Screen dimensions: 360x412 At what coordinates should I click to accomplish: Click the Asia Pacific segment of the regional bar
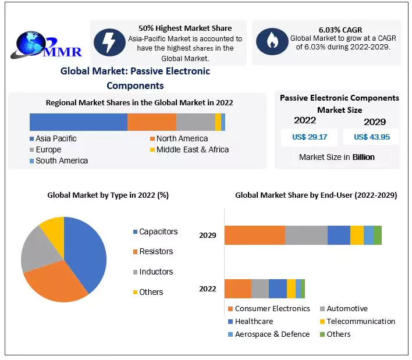(78, 122)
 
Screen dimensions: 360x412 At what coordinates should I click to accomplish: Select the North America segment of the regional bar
(151, 122)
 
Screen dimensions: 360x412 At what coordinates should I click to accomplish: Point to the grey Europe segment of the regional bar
(196, 122)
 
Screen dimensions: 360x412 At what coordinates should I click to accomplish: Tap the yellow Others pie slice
(53, 227)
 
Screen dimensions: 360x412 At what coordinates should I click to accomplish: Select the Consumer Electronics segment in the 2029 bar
(254, 235)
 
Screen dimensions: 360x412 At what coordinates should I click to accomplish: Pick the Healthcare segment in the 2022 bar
(278, 288)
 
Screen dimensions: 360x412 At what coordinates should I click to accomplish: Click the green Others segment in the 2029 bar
(377, 235)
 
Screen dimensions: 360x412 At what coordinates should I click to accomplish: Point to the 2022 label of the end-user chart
(208, 288)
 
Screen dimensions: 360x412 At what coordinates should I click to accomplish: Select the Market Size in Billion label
(336, 157)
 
